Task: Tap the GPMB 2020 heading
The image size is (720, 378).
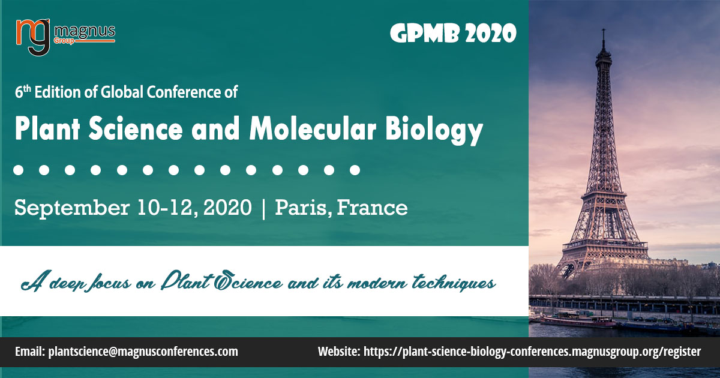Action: pos(453,34)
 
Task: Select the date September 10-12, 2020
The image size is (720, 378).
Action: pos(133,209)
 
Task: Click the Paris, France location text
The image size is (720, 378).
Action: pos(341,209)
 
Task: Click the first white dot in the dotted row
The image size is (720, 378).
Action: pos(18,170)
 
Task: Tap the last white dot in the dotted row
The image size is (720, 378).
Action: pos(355,170)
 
